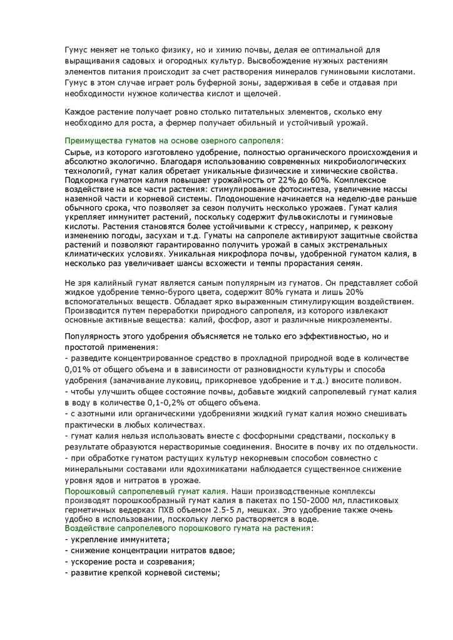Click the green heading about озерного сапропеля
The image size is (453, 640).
tap(174, 141)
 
